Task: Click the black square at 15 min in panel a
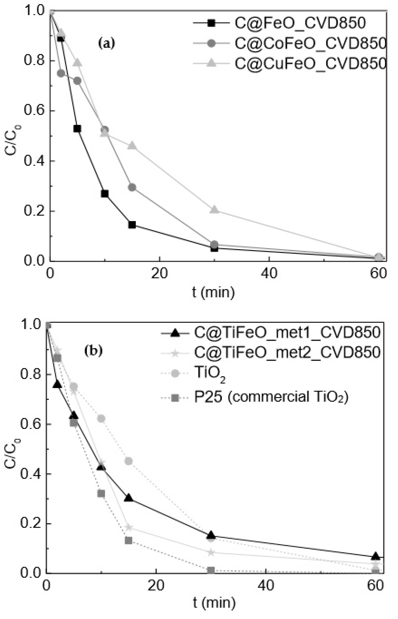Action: pos(132,225)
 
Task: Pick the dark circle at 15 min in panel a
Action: pos(132,187)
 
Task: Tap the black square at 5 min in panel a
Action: pos(77,128)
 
